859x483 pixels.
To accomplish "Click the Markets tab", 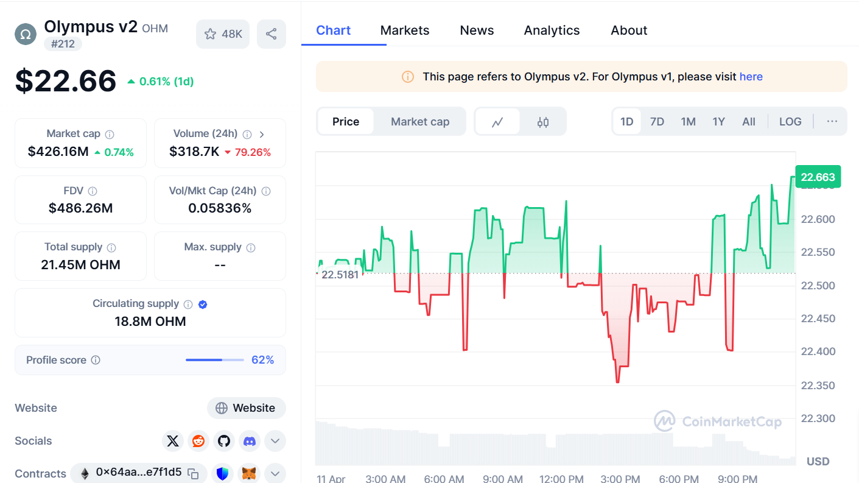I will tap(405, 30).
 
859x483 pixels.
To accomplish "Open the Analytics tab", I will tap(552, 30).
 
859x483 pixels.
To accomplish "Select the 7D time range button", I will tap(657, 122).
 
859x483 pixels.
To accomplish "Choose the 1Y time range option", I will tap(718, 122).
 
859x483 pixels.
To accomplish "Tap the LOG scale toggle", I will tap(790, 122).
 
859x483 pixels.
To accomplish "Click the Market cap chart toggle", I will tap(420, 122).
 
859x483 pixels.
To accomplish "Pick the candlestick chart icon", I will tap(543, 122).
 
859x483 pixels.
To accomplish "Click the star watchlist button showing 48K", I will tap(223, 34).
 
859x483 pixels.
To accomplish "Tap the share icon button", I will tap(272, 34).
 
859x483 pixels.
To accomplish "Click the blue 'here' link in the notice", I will tap(751, 77).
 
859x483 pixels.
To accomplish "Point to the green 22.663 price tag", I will tap(818, 177).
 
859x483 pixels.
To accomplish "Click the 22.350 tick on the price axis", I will tap(818, 386).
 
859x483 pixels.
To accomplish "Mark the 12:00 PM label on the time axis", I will tap(561, 479).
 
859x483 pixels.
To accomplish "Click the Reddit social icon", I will tap(198, 441).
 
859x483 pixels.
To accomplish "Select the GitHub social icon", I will tap(224, 441).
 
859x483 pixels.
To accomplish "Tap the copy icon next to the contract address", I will tap(193, 473).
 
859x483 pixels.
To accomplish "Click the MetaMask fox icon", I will tap(249, 473).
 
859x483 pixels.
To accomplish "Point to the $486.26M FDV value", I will tap(80, 208).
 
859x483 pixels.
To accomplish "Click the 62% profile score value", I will tap(262, 360).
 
